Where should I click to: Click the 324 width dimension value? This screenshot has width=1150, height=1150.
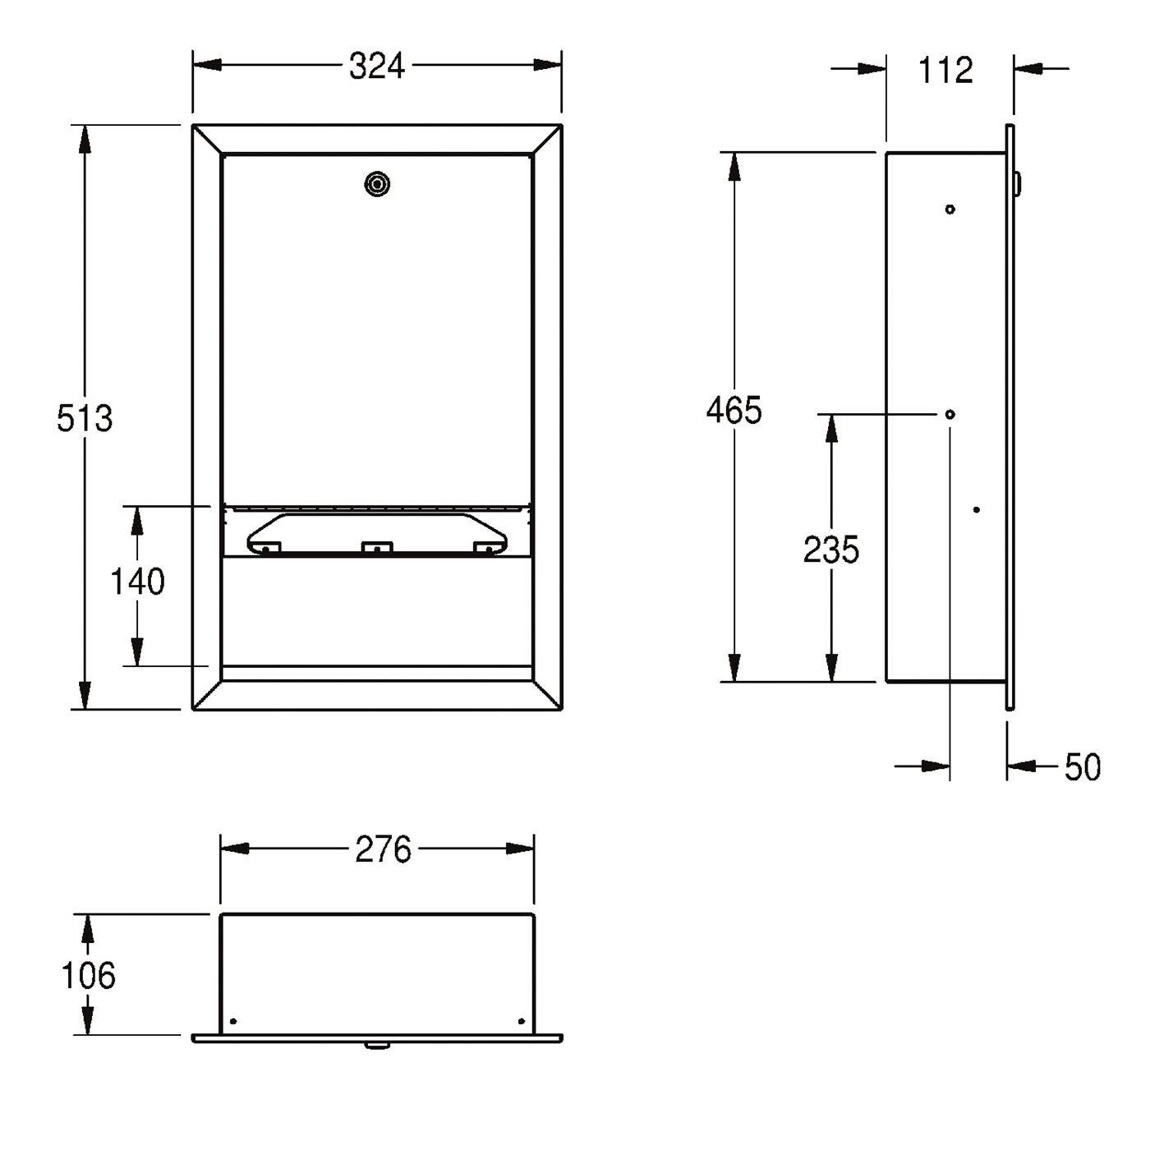coord(376,67)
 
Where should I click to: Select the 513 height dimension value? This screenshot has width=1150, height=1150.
coord(84,418)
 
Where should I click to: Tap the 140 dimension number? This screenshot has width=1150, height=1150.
coord(137,581)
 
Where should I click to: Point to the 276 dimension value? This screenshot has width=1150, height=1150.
coord(383,849)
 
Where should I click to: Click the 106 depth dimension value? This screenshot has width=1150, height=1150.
coord(89,976)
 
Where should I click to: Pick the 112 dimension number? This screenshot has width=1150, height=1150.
coord(945,70)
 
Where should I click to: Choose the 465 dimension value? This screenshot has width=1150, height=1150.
coord(734,410)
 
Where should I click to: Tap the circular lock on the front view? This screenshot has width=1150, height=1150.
coord(376,184)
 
